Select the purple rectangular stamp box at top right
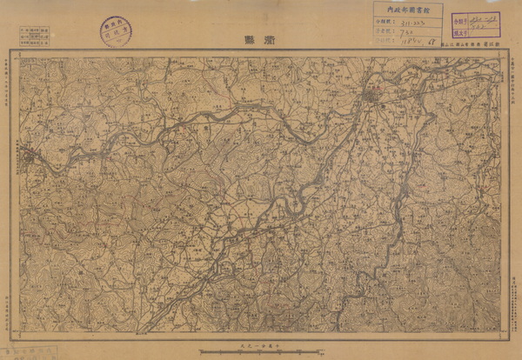point(477,23)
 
